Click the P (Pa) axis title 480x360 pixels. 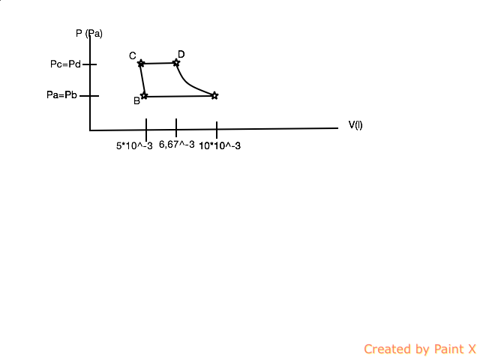click(89, 33)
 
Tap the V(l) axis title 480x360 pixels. click(355, 124)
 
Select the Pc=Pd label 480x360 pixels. click(64, 64)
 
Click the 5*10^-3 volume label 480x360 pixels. click(134, 145)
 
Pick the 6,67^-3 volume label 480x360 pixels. click(177, 145)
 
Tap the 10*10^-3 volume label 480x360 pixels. click(220, 145)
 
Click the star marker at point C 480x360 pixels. click(141, 63)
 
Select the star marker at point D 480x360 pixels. click(176, 62)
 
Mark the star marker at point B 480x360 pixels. click(144, 96)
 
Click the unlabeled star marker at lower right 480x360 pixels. click(214, 95)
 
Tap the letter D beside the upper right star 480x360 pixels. click(181, 54)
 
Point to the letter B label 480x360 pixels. click(136, 101)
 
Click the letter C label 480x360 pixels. click(132, 56)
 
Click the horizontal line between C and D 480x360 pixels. click(158, 63)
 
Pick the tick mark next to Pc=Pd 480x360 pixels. click(90, 64)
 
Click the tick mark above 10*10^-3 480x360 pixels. click(217, 129)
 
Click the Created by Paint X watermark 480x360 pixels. click(420, 349)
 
